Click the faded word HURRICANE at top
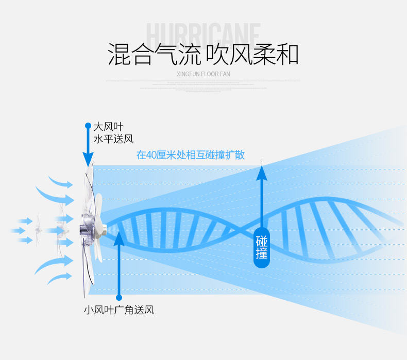[x=203, y=35]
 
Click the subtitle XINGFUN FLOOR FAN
[x=203, y=74]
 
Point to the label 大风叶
[x=108, y=127]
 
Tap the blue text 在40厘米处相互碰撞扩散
[x=190, y=155]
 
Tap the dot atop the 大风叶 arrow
[x=88, y=125]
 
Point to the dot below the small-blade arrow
[x=118, y=297]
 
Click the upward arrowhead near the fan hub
[x=118, y=237]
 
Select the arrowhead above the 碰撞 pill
[x=262, y=172]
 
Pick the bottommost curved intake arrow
[x=59, y=278]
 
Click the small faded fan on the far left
[x=37, y=230]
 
